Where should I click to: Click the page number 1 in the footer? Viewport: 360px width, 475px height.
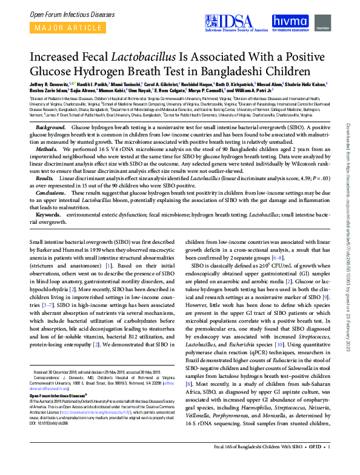point(328,465)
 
